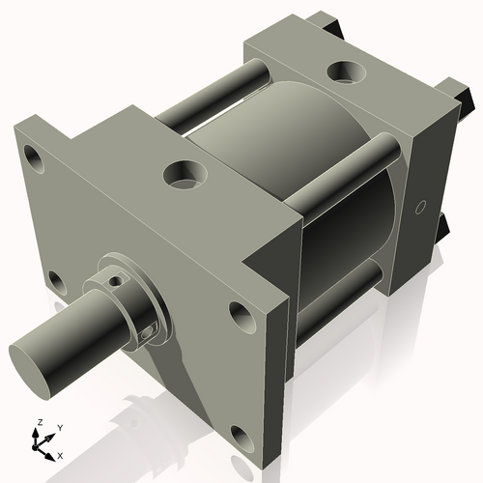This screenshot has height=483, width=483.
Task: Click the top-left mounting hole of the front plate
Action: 36,155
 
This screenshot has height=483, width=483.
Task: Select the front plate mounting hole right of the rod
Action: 238,312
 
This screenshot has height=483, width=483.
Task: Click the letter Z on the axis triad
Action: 38,423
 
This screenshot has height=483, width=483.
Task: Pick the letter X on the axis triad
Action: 60,454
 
